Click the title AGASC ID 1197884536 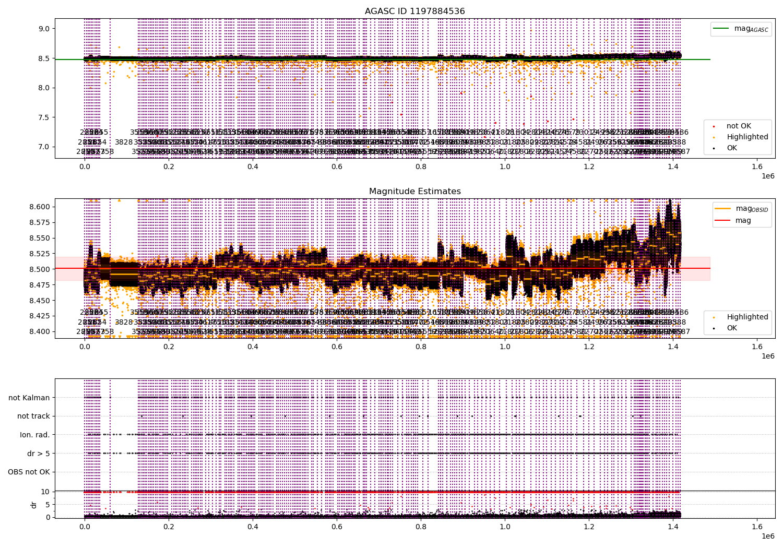coord(414,11)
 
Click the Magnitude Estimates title coord(414,192)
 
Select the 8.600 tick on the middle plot coord(40,207)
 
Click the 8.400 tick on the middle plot coord(40,331)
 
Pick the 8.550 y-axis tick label coord(40,238)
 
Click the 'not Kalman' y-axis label coord(29,398)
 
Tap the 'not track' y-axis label coord(33,416)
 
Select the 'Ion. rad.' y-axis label coord(35,435)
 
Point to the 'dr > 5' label coord(39,454)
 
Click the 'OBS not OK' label coord(29,472)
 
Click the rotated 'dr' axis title coord(34,505)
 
